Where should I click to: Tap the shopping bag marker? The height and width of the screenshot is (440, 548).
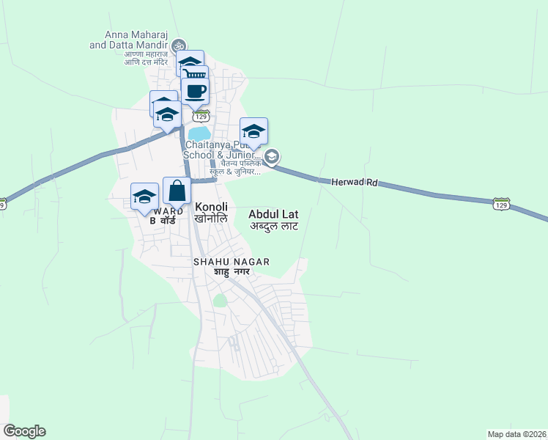177,192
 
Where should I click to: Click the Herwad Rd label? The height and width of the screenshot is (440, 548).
355,181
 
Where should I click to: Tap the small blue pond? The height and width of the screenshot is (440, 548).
199,133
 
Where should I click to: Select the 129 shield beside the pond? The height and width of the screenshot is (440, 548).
201,117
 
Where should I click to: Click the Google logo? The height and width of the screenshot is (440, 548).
24,431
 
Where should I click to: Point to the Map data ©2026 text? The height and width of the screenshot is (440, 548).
516,434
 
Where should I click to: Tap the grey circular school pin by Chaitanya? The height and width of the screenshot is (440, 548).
272,156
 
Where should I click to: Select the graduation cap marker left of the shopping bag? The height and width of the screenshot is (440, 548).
145,197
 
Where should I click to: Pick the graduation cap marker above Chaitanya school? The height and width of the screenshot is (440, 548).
253,132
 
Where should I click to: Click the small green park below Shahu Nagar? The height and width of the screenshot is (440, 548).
220,300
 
